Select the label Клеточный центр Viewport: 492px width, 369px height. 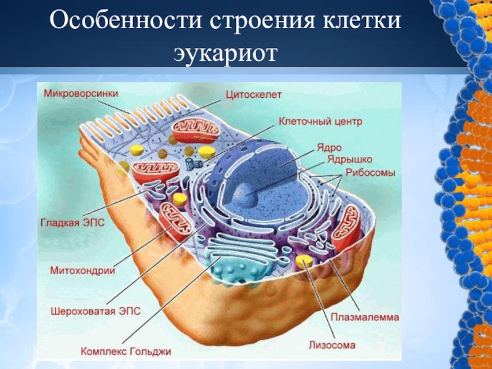320,121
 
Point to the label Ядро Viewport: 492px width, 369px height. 329,148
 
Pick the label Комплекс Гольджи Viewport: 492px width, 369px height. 126,352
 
